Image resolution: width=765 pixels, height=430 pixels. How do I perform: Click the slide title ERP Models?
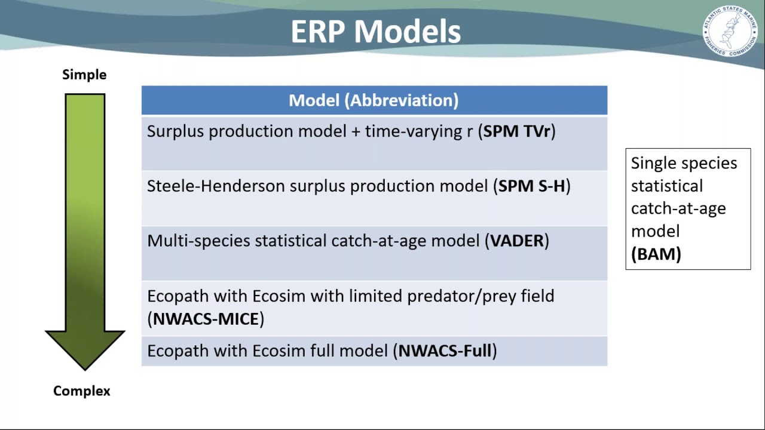[x=375, y=32]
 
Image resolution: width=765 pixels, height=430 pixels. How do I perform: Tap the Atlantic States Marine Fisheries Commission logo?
[x=729, y=31]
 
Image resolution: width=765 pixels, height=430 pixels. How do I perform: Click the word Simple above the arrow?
[x=84, y=75]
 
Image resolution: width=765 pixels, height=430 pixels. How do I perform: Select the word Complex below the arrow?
[x=82, y=391]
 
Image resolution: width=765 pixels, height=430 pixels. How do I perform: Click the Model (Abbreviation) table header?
[x=374, y=100]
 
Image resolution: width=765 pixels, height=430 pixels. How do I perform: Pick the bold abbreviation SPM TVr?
[x=516, y=131]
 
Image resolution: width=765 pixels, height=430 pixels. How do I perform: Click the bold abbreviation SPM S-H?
[x=531, y=186]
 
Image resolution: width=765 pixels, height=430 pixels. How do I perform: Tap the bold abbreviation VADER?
[x=516, y=241]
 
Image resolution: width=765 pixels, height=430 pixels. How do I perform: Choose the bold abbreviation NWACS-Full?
[x=445, y=351]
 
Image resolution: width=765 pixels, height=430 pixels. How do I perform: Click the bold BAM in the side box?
[x=656, y=254]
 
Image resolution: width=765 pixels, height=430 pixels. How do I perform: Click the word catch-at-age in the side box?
[x=678, y=208]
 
